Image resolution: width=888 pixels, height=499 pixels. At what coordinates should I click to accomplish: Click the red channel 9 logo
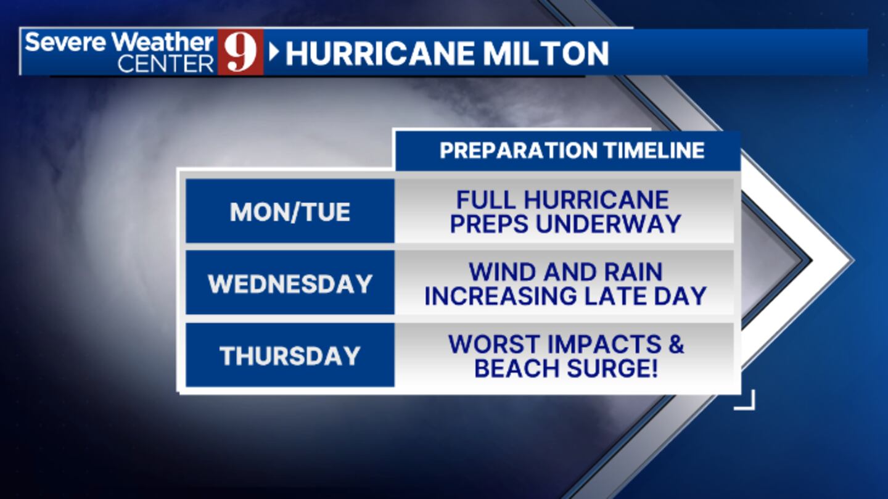click(240, 52)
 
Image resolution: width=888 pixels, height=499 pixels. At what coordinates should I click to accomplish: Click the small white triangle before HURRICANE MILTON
click(274, 52)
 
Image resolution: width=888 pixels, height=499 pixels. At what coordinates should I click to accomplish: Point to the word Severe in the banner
click(65, 42)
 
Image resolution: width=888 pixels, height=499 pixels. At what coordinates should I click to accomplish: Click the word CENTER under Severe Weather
click(165, 64)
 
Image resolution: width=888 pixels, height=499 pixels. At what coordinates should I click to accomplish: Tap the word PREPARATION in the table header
click(518, 151)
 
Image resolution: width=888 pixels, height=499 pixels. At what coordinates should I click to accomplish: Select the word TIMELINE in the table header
click(654, 151)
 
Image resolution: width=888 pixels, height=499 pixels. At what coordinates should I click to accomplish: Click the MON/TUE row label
click(290, 212)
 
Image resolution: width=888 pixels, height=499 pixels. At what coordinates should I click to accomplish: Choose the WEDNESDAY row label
click(290, 284)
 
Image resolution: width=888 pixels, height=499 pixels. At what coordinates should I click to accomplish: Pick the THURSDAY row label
click(290, 356)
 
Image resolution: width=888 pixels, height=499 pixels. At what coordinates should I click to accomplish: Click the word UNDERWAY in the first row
click(608, 224)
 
